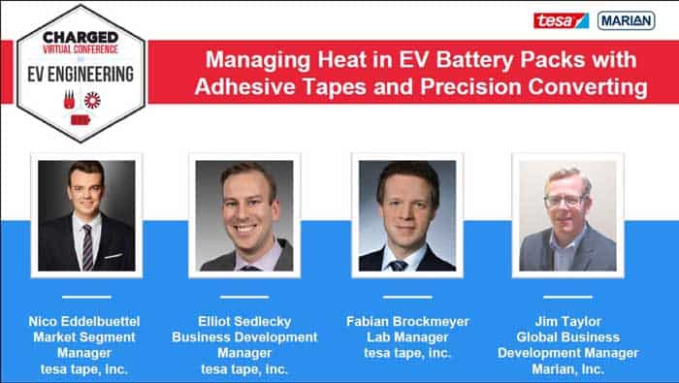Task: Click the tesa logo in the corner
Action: click(561, 20)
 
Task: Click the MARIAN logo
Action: click(625, 20)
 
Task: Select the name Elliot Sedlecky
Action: click(244, 320)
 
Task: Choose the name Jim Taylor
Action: click(567, 320)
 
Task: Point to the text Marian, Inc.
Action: click(567, 367)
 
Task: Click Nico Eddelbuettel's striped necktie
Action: click(87, 247)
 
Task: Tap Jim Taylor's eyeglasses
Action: click(565, 201)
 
